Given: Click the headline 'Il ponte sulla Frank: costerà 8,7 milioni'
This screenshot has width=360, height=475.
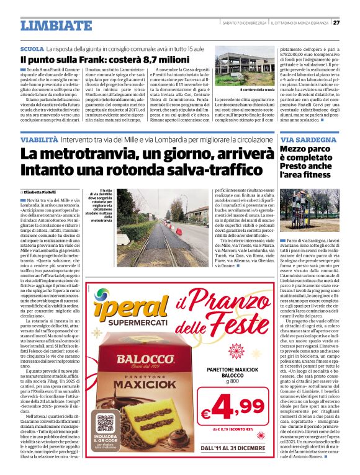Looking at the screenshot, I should [x=104, y=60].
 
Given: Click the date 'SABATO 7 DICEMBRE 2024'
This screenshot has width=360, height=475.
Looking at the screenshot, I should [x=244, y=22].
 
